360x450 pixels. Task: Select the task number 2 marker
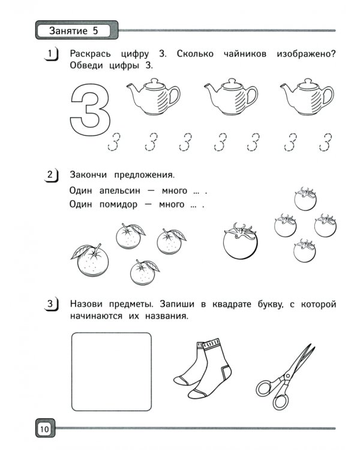coord(51,176)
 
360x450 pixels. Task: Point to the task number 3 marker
coord(51,305)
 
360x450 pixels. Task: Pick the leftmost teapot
coord(152,98)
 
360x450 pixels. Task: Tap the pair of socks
coord(198,369)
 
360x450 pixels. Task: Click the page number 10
coord(44,429)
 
